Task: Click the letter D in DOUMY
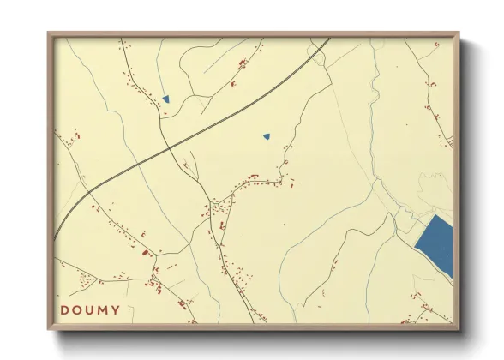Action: click(65, 309)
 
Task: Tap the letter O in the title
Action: click(80, 309)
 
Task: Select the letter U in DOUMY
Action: click(95, 309)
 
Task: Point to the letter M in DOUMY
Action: click(111, 309)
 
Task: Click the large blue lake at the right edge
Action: click(435, 245)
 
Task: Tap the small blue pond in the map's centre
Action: click(267, 135)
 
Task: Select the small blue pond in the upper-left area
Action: click(166, 99)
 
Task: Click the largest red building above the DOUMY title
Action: click(145, 252)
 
